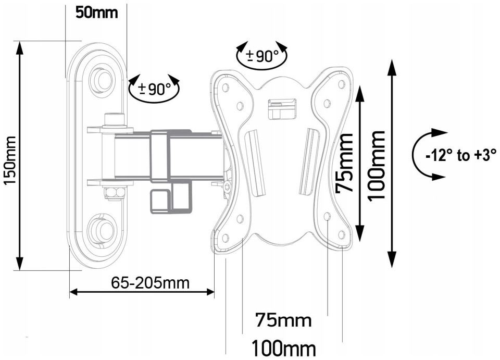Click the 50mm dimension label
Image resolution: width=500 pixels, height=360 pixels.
97,13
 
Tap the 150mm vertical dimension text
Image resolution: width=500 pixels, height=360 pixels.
9,160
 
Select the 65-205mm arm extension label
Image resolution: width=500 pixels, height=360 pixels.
150,282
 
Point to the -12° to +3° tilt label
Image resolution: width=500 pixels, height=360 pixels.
461,156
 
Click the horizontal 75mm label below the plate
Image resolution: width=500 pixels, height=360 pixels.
283,320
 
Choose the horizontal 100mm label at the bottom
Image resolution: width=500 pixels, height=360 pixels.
284,348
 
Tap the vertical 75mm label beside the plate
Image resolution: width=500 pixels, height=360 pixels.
345,163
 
